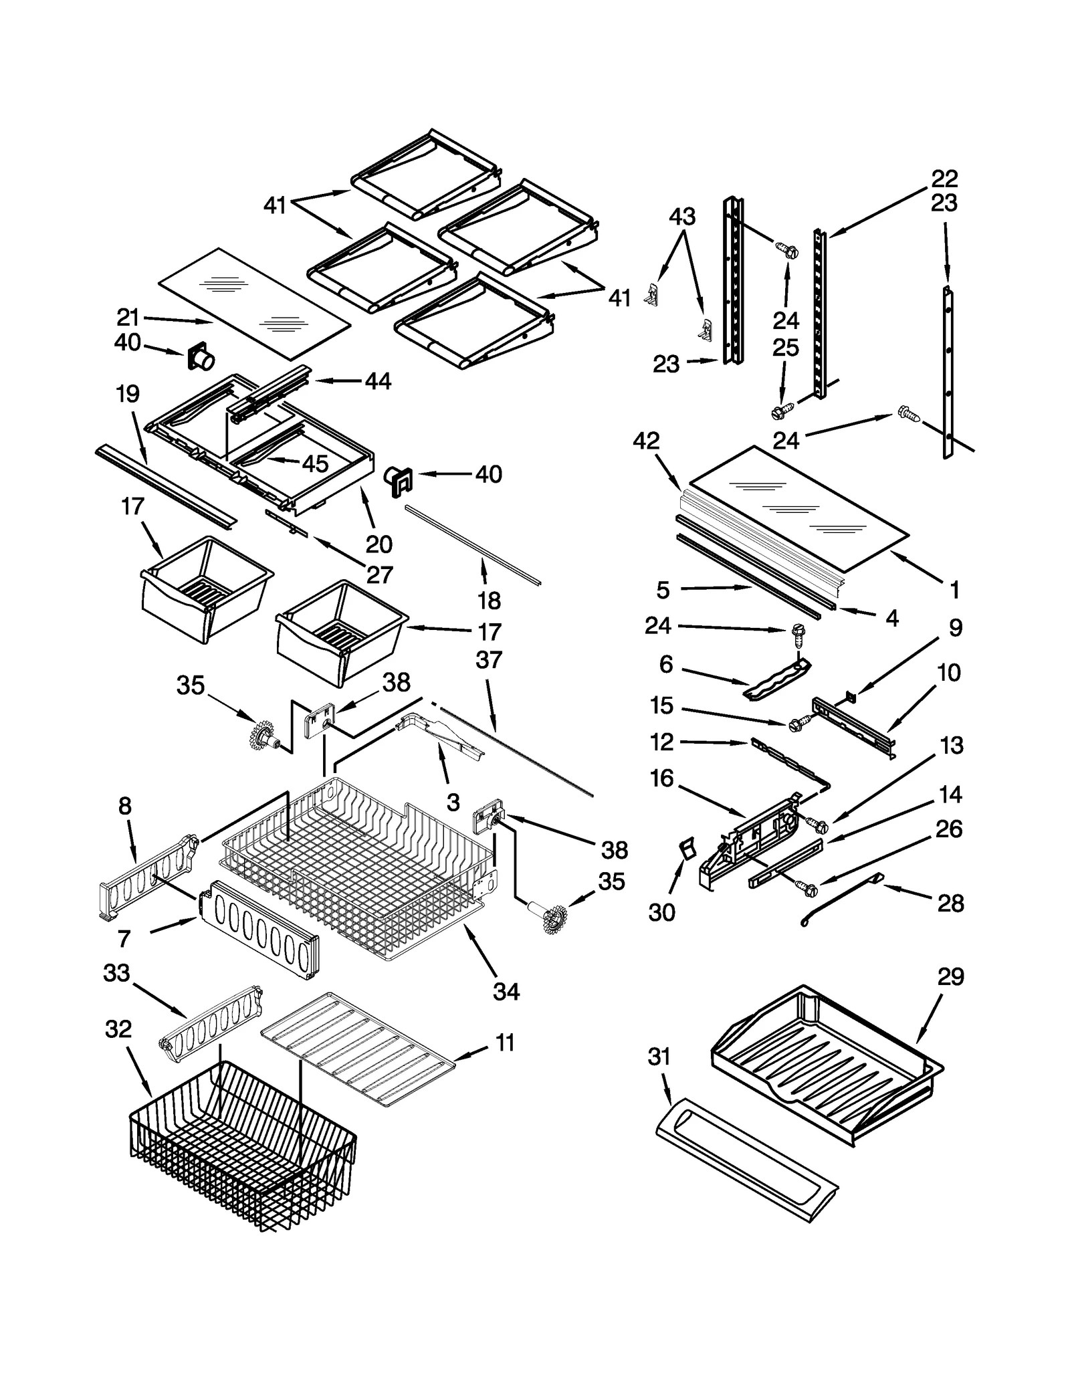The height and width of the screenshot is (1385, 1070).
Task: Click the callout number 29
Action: pos(950,977)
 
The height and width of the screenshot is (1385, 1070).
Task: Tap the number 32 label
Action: pos(118,1029)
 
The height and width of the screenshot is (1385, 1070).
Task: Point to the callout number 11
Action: pos(506,1042)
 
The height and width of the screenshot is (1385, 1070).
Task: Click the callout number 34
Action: pos(506,991)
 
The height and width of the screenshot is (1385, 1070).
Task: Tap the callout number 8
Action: pos(125,807)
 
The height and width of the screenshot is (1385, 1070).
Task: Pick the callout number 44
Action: pos(378,381)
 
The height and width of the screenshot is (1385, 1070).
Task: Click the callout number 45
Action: pos(315,463)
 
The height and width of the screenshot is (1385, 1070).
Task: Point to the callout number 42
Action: pos(646,441)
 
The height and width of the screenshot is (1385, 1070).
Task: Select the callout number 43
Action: pos(682,216)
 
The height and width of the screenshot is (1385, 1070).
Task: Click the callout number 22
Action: pos(944,179)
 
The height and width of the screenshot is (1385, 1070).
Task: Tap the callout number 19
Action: pos(127,394)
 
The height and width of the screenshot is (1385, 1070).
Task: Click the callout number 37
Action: pos(489,659)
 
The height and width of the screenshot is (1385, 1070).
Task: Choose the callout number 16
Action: pos(661,778)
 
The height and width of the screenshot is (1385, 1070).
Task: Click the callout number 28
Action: pos(950,903)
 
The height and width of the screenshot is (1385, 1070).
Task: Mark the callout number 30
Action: pos(661,912)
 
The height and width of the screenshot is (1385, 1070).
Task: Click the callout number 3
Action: pos(453,802)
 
